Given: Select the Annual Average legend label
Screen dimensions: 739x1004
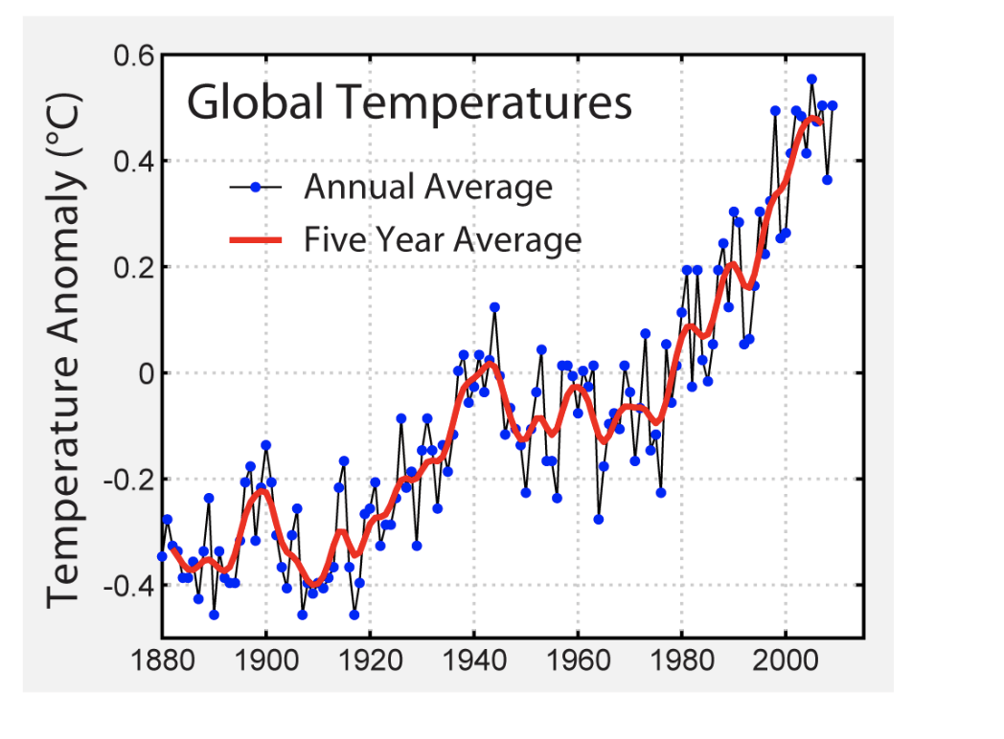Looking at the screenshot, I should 427,187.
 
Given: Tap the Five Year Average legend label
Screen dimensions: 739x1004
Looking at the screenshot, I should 443,238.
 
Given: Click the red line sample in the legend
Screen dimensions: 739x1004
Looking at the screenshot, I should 256,239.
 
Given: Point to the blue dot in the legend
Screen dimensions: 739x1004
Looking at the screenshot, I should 255,188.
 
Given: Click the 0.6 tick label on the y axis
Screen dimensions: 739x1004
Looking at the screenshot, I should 134,56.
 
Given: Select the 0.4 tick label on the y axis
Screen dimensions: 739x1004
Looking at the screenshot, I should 134,161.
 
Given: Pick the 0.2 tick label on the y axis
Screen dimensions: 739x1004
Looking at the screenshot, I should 134,267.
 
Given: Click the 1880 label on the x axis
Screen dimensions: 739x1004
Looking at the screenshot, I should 161,660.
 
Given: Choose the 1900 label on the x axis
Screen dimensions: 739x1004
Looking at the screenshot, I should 265,660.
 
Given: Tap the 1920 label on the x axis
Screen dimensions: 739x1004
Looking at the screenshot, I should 370,660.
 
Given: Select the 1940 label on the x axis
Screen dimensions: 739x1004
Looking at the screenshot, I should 473,660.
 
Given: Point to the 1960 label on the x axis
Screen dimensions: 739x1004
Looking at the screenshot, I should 578,660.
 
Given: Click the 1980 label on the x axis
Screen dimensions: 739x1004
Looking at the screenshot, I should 681,660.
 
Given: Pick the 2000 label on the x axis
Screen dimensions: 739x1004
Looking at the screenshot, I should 786,660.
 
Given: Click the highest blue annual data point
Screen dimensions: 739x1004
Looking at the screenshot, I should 811,79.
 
